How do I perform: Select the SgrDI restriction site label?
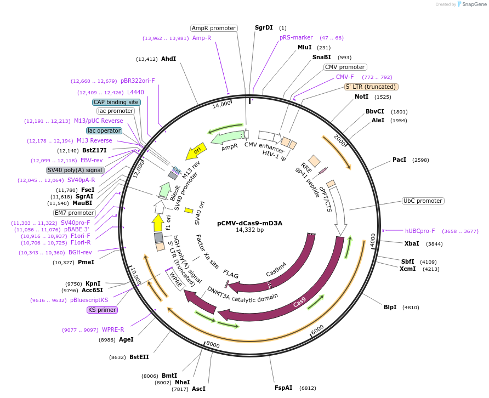[264, 27]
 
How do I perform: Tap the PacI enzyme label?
[399, 160]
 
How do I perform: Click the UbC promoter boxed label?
[423, 201]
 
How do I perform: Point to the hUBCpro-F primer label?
[420, 231]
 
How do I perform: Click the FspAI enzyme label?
[283, 388]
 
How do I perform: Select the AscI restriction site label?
[198, 389]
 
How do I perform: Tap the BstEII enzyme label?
[139, 357]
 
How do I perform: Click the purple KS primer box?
[102, 310]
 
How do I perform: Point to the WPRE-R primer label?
[113, 330]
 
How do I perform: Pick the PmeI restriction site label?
[86, 263]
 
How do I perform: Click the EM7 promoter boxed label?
[74, 213]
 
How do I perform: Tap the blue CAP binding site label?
[116, 102]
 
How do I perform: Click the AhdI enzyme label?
[168, 59]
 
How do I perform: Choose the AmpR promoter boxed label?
[213, 28]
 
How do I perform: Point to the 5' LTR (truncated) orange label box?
[371, 87]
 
